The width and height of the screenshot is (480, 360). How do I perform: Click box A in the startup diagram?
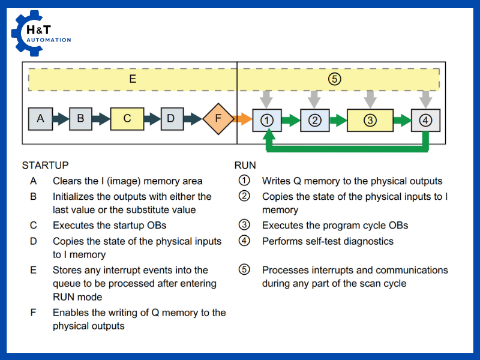[x=40, y=119]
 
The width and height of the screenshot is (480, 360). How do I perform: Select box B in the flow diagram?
[x=80, y=119]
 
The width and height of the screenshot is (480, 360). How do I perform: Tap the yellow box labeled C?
[x=127, y=119]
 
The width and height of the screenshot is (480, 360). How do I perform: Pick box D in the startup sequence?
[x=171, y=119]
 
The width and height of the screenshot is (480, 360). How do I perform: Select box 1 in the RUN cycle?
[x=267, y=120]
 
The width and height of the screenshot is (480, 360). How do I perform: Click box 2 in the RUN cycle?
[x=314, y=120]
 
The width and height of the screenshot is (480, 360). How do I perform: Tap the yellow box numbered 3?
[x=370, y=120]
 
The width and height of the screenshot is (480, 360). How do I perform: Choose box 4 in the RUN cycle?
[x=425, y=120]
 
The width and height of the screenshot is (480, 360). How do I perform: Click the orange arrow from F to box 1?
[x=242, y=119]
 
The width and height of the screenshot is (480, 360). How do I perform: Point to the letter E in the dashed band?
[x=133, y=79]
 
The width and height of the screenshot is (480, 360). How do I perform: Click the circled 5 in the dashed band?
[x=335, y=79]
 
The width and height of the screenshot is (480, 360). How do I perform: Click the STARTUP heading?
[x=45, y=165]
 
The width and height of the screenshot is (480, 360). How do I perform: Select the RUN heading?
[x=245, y=165]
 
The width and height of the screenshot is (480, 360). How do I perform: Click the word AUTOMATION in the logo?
[x=49, y=40]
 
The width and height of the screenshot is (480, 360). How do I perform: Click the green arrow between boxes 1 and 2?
[x=290, y=120]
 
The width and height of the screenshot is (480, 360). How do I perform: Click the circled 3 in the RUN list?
[x=244, y=226]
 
